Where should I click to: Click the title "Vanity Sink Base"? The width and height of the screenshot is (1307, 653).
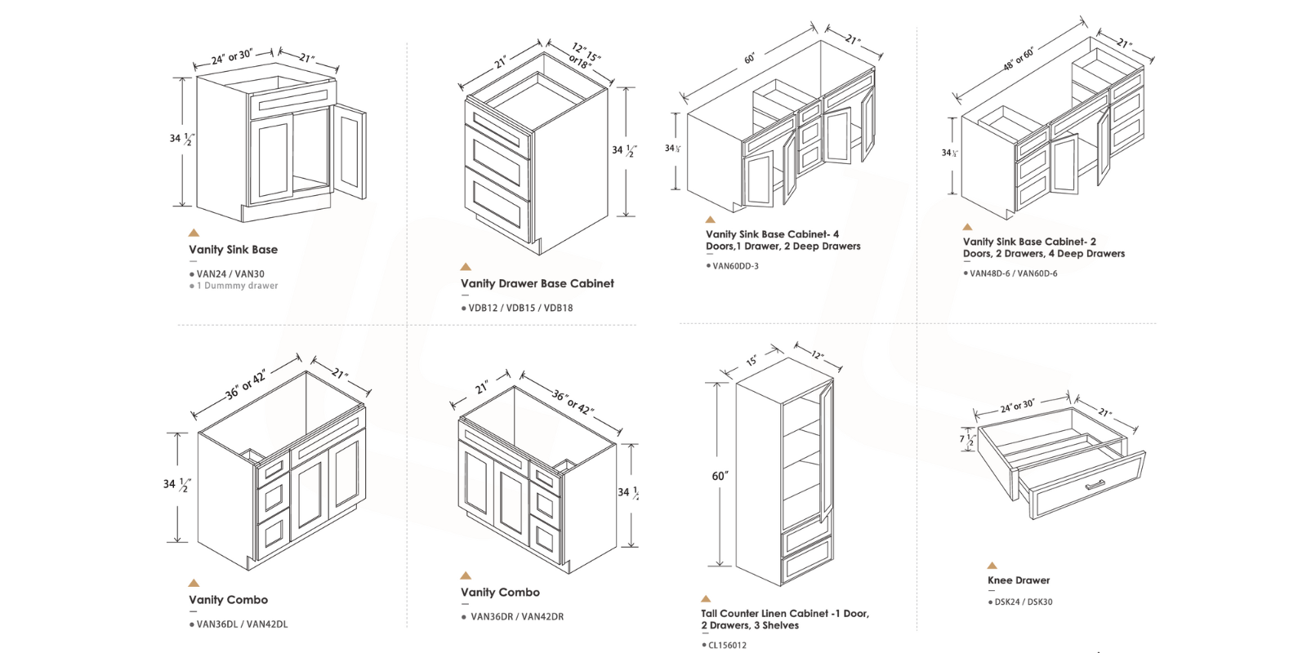tap(233, 250)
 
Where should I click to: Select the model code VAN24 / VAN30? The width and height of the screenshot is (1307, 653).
tap(230, 274)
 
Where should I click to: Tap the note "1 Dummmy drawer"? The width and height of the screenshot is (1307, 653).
tap(237, 286)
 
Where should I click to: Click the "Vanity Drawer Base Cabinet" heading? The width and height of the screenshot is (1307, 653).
tap(537, 283)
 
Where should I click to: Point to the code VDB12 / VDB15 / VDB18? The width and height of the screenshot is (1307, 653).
tap(520, 308)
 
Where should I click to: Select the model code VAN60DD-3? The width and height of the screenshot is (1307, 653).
tap(735, 266)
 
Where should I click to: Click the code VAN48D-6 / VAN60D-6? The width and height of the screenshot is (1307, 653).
tap(1013, 273)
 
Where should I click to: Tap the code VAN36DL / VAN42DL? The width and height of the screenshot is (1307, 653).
tap(242, 624)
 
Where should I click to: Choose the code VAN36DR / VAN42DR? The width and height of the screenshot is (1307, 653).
tap(516, 616)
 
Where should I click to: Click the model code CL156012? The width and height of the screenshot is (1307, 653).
tap(727, 646)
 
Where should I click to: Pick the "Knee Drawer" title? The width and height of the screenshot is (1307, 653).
tap(1019, 580)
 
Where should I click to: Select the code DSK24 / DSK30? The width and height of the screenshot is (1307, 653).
tap(1023, 602)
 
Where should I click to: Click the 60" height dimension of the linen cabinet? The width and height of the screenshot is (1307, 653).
tap(720, 476)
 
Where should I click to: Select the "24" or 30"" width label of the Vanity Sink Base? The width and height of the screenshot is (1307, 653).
tap(231, 57)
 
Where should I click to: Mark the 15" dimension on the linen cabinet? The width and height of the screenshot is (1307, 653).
tap(752, 361)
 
